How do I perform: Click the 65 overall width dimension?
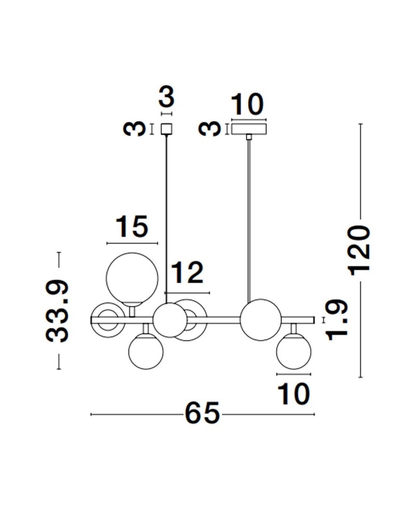(x=202, y=414)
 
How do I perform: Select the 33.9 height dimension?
(x=58, y=311)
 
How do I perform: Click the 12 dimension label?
(x=187, y=273)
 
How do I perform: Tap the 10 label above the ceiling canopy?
(x=247, y=105)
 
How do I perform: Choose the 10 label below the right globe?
(x=294, y=394)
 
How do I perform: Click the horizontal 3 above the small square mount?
(x=166, y=97)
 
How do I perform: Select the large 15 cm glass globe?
(x=130, y=277)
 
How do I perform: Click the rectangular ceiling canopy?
(x=249, y=128)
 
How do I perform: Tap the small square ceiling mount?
(x=166, y=128)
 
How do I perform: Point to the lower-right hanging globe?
(x=294, y=352)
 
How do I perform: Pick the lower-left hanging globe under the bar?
(x=146, y=351)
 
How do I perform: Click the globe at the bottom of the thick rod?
(x=260, y=320)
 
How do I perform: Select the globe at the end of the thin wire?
(x=169, y=320)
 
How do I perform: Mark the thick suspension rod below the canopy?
(x=249, y=218)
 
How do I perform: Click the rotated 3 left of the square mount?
(x=134, y=128)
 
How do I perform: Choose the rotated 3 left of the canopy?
(x=210, y=128)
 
